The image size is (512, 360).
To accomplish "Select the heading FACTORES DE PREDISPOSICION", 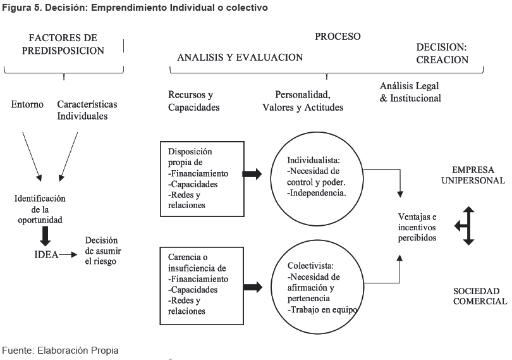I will (63, 44).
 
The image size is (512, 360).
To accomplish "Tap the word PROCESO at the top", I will (338, 37).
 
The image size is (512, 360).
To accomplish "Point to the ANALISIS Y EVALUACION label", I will (240, 57).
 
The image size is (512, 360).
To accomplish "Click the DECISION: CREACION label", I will (441, 54).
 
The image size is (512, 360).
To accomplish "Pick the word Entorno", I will (27, 104).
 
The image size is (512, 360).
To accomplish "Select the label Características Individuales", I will (87, 110).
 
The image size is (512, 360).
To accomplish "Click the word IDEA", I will (46, 256).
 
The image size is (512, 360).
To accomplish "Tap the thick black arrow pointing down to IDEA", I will (46, 235).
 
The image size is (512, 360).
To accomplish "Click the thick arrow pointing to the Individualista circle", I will (252, 174).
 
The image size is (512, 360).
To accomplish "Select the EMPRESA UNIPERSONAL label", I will (478, 175).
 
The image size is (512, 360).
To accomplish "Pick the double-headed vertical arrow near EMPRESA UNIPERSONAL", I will (468, 225).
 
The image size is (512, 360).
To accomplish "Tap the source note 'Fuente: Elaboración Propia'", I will (60, 350).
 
